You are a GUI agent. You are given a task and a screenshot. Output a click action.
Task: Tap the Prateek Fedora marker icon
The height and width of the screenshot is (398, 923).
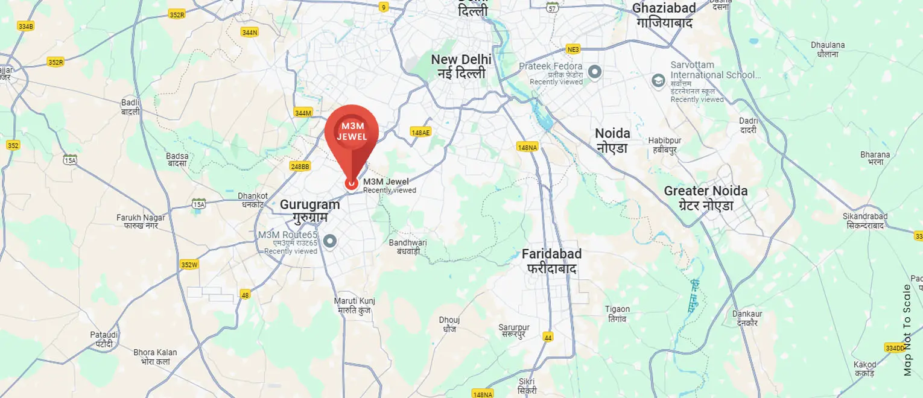595,72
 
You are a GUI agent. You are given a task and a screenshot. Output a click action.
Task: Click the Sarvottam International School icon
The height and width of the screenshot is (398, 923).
659,80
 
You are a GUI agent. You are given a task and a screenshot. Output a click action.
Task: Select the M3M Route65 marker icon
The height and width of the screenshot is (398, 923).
329,242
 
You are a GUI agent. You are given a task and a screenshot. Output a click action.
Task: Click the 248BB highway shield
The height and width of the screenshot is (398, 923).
300,166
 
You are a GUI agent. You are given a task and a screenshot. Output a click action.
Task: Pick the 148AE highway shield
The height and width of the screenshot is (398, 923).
420,132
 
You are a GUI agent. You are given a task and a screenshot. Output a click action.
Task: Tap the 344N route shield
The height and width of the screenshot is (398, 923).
249,33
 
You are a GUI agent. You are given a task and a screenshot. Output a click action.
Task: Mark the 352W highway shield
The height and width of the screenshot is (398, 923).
189,264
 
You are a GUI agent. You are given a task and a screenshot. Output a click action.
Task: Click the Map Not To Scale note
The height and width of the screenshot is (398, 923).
907,330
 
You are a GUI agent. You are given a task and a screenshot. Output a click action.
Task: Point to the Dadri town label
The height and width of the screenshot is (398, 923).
749,125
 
